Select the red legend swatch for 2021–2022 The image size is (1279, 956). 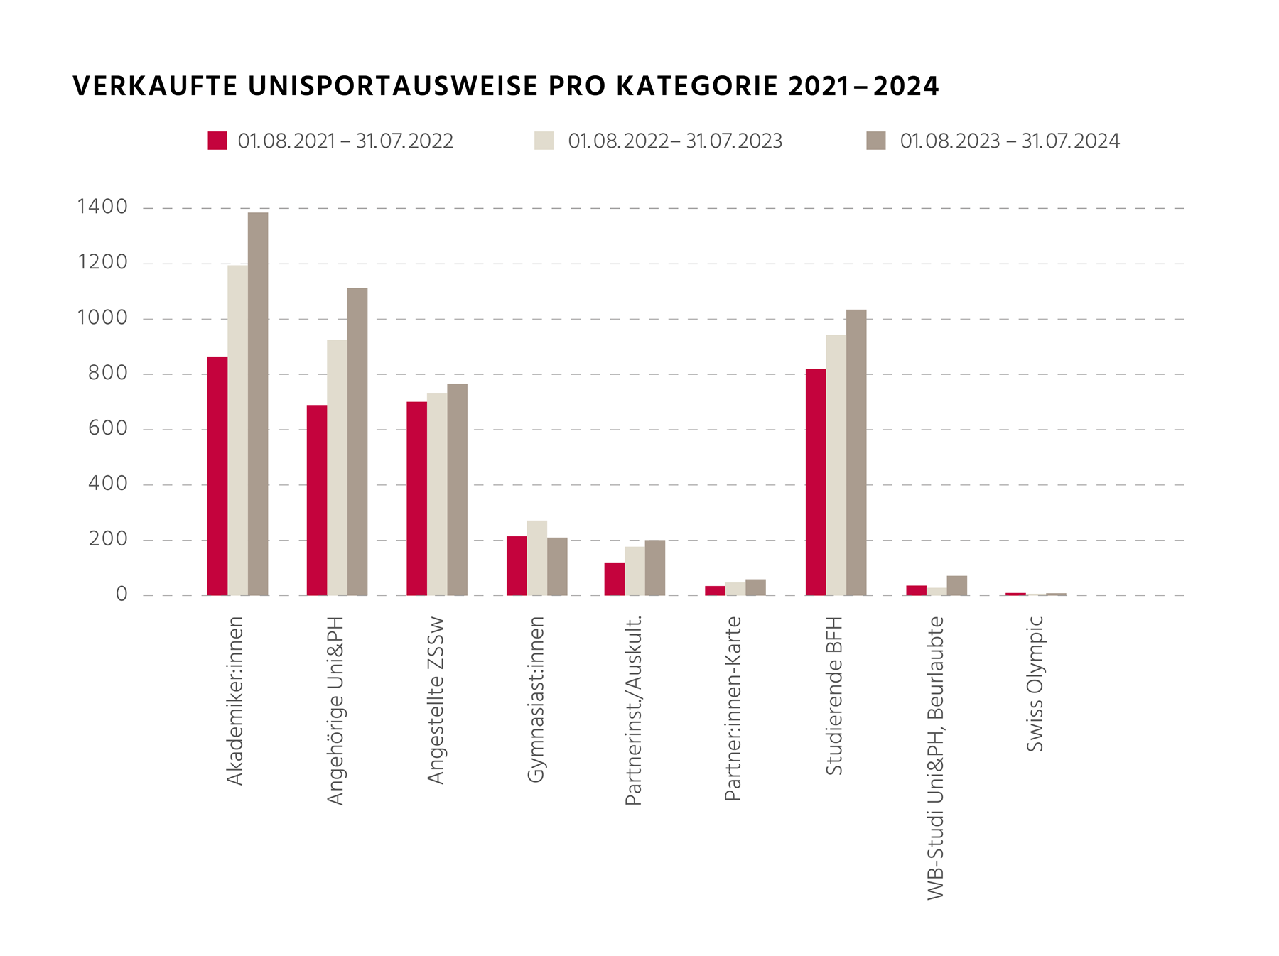[x=217, y=141]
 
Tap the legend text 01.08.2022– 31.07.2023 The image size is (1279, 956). [x=674, y=141]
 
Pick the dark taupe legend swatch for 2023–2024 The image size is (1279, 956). [x=875, y=141]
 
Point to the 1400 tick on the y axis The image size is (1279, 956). [x=102, y=207]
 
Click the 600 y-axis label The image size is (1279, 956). [x=107, y=428]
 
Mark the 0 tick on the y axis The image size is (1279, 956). [x=122, y=594]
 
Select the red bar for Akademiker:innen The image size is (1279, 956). [x=217, y=476]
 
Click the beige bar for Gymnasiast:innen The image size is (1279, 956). [x=536, y=558]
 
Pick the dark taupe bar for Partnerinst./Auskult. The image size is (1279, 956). [x=654, y=568]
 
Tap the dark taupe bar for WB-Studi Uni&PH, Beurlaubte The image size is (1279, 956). [x=956, y=586]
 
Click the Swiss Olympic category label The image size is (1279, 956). [x=1035, y=683]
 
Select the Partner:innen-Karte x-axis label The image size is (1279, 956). [x=733, y=708]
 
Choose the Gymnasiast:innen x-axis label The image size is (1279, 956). [x=536, y=700]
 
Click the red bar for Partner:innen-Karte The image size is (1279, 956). [x=715, y=591]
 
